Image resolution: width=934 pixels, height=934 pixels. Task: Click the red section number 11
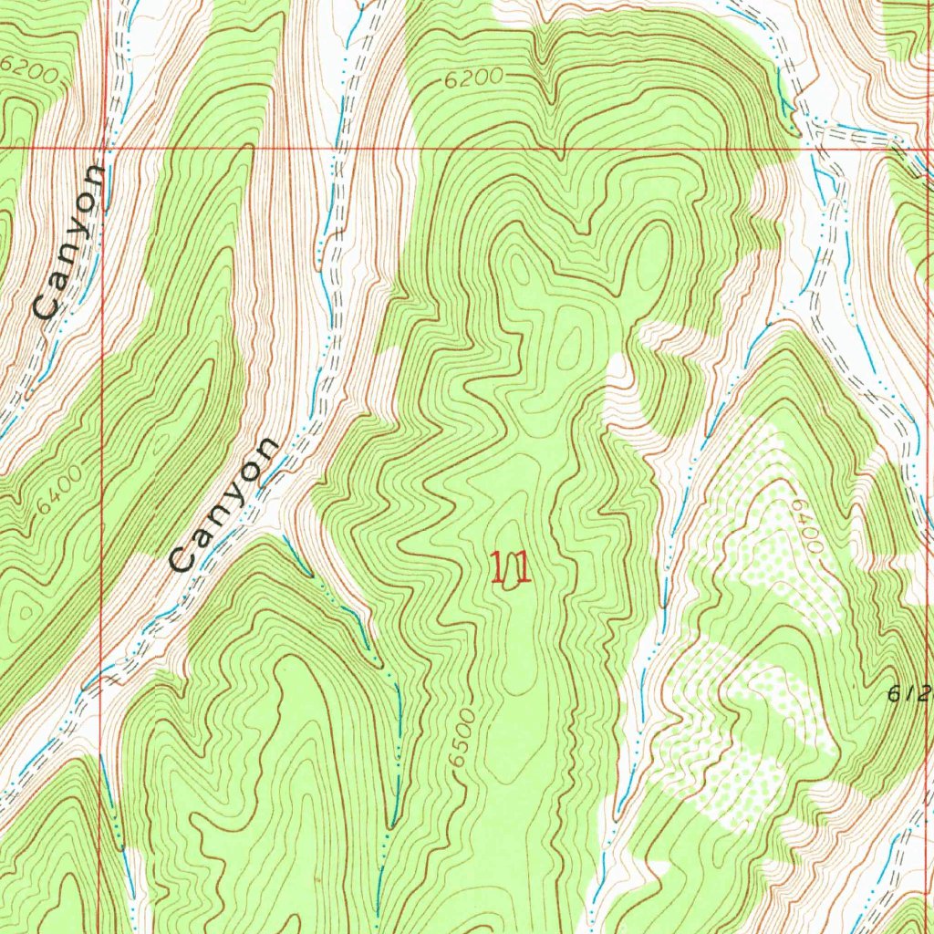click(x=511, y=568)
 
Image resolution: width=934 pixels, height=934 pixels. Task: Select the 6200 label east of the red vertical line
click(x=474, y=79)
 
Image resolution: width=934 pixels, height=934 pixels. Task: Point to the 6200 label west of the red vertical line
click(x=31, y=67)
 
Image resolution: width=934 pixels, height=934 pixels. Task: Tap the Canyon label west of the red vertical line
click(x=70, y=241)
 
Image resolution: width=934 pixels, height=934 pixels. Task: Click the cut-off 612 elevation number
click(x=909, y=693)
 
